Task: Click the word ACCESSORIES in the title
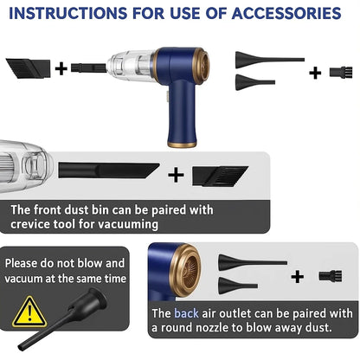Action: pyautogui.click(x=286, y=13)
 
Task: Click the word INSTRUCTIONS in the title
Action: pyautogui.click(x=68, y=13)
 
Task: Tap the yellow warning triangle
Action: pyautogui.click(x=29, y=312)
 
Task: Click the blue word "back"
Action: pyautogui.click(x=186, y=313)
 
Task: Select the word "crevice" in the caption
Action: pyautogui.click(x=29, y=224)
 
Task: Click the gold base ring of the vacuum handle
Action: pyautogui.click(x=182, y=145)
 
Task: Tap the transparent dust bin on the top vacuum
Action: pyautogui.click(x=132, y=66)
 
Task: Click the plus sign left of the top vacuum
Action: pyautogui.click(x=61, y=68)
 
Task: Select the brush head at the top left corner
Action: pyautogui.click(x=28, y=68)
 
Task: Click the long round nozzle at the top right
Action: pyautogui.click(x=270, y=60)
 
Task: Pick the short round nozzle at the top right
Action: pyautogui.click(x=255, y=82)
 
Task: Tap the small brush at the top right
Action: pyautogui.click(x=341, y=72)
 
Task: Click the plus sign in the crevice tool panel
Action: pyautogui.click(x=176, y=175)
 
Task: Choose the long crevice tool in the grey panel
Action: pyautogui.click(x=109, y=170)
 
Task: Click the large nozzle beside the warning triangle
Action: pyautogui.click(x=62, y=318)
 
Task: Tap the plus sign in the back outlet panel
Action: pyautogui.click(x=298, y=277)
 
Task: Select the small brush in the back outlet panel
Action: pyautogui.click(x=331, y=275)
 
